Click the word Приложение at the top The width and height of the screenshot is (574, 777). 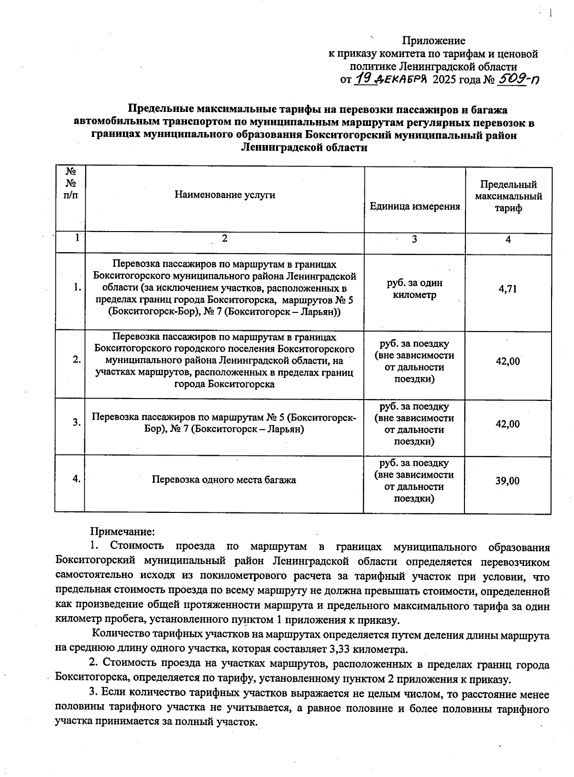tap(433, 41)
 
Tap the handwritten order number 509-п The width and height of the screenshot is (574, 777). tap(518, 79)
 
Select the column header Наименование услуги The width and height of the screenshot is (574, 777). tap(225, 195)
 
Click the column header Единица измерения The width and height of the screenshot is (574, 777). tap(415, 206)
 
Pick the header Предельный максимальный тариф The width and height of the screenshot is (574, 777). tap(508, 196)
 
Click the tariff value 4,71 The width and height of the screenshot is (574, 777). tap(508, 289)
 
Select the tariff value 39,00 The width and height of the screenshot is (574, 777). tap(508, 481)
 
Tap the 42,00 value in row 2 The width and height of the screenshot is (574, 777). tap(508, 361)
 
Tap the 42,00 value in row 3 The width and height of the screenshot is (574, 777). tap(508, 424)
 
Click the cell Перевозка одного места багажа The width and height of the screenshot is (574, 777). tap(224, 479)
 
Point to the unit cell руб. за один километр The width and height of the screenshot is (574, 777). tap(415, 289)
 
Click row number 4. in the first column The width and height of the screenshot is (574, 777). tap(76, 478)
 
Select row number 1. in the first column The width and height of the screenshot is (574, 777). tap(77, 288)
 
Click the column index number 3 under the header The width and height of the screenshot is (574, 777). tap(414, 239)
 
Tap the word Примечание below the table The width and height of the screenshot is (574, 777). tap(122, 532)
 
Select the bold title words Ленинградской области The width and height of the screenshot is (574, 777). tap(304, 147)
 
